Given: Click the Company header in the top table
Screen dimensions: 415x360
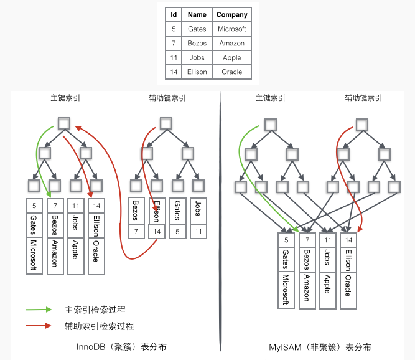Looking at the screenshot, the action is pos(231,14).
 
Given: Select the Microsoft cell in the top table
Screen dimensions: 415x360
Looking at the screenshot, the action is pos(231,29).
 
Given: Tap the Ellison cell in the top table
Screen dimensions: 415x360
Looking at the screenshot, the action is pos(197,72).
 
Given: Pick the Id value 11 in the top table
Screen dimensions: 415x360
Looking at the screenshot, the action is pos(174,57).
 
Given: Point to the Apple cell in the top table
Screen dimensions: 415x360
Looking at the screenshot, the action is pos(231,57).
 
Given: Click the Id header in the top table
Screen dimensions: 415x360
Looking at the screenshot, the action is pos(174,14).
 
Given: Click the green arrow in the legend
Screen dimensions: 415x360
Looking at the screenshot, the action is pos(39,310).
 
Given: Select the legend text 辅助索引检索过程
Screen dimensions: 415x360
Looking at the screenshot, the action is pos(100,326).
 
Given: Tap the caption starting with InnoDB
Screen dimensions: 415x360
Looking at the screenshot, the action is pos(121,347).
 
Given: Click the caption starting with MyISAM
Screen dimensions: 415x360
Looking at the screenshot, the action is pos(320,347).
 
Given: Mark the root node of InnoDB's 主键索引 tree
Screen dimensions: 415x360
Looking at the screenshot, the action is pos(64,123).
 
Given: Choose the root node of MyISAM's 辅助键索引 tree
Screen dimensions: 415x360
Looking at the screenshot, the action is pos(361,125).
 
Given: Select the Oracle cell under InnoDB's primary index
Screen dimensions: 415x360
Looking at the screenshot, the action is pos(96,256).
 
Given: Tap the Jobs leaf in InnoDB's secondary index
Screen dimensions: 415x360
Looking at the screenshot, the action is pos(198,211).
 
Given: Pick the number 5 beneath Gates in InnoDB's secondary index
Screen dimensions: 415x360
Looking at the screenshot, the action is pos(177,232).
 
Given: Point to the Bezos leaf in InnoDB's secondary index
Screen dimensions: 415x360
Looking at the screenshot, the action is pos(136,211).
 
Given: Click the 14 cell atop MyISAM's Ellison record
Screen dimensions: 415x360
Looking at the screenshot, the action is pos(348,240).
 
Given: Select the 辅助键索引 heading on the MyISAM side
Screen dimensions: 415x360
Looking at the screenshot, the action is pos(363,98).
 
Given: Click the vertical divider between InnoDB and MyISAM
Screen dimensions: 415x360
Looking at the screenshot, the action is pos(220,221).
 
